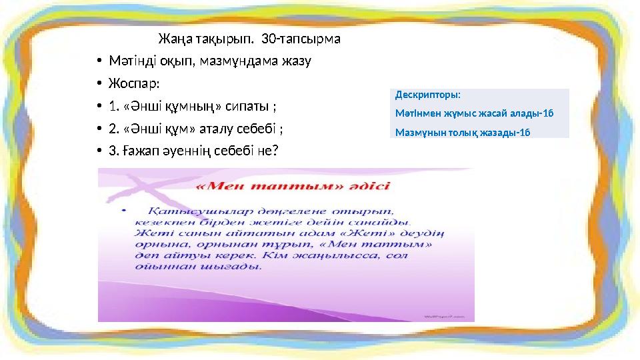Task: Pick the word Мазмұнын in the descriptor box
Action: [x=417, y=132]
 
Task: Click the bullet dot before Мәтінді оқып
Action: [x=98, y=62]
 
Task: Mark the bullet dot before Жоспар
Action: [x=98, y=85]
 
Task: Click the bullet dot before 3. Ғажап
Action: [x=98, y=151]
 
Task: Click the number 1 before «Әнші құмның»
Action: [x=109, y=107]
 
